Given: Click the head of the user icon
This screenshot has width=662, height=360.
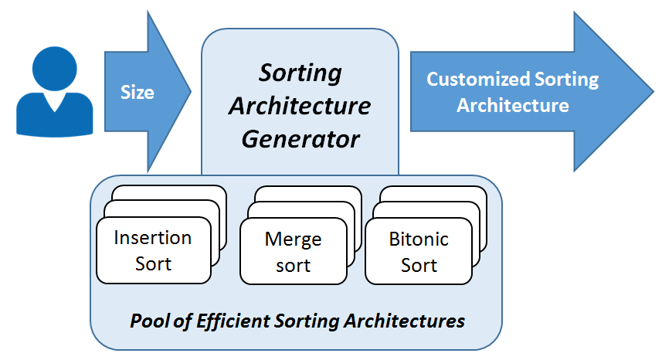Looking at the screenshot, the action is [55, 69].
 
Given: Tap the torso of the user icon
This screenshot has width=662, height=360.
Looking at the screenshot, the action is [55, 115].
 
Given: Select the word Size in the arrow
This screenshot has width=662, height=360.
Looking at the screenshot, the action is [137, 92].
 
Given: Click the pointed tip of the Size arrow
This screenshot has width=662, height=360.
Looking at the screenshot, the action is [191, 90].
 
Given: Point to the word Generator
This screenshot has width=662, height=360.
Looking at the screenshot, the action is [300, 139].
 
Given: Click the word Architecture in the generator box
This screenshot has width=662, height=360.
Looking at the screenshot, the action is [300, 106].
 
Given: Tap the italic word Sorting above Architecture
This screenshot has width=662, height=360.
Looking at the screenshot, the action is [300, 73].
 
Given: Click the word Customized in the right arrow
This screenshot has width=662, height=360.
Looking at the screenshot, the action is [478, 79].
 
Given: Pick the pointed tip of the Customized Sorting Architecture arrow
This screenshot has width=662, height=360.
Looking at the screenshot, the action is [654, 90].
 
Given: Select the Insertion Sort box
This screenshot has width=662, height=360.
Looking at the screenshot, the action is [154, 250].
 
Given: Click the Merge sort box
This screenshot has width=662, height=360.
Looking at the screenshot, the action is [294, 251].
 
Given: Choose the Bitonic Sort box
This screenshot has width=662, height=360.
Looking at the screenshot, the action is [419, 251].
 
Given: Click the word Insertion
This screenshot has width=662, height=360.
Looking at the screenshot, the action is [153, 238].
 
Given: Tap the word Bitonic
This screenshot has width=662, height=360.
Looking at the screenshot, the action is [419, 239].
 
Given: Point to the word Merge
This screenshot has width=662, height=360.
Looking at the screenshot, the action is [293, 239].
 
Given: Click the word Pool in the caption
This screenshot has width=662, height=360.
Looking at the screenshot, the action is [151, 321].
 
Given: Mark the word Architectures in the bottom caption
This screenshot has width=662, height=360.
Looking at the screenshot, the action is [405, 321].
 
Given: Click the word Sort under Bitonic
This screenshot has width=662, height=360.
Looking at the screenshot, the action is [419, 265].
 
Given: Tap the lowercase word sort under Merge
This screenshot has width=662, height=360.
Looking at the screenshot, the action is [293, 266].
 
